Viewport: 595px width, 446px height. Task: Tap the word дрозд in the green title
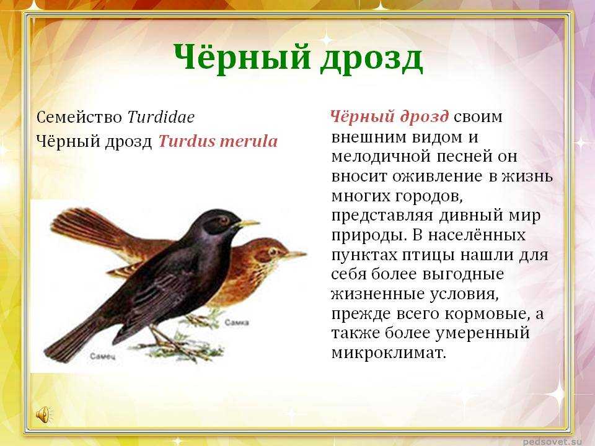[x=372, y=60]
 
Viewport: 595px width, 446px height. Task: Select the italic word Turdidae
[x=161, y=117]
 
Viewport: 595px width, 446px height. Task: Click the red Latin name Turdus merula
[x=218, y=141]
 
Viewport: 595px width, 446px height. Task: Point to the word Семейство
[x=79, y=117]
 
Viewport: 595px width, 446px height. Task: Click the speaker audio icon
[x=43, y=414]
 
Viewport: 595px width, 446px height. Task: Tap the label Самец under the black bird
[x=102, y=357]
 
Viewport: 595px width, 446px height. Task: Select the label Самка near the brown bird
[x=237, y=323]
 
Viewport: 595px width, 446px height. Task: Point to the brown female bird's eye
[x=273, y=251]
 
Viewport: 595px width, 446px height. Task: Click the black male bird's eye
[x=224, y=219]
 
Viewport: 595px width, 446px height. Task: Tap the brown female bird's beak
[x=295, y=255]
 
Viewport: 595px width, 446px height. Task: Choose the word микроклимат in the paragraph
[x=389, y=353]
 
